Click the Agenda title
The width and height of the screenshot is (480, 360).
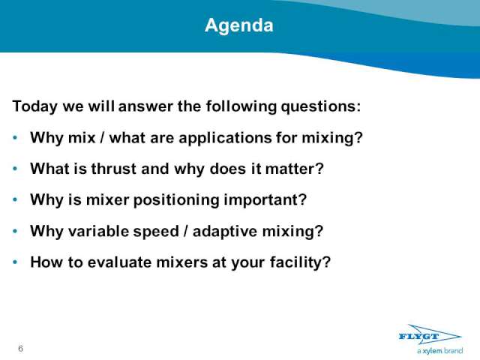pos(239,25)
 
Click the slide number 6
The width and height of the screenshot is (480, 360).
pos(20,348)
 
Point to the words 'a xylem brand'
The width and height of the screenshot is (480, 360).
pos(439,351)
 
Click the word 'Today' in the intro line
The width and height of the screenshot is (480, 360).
pos(35,106)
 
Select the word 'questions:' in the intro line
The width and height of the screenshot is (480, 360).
pos(321,106)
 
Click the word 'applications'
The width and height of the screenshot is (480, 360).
pos(225,138)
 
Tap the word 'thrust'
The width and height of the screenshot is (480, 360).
pos(113,169)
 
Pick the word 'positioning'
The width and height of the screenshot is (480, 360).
pos(176,200)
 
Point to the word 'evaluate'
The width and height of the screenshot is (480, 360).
pos(119,262)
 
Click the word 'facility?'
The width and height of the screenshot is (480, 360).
pos(300,262)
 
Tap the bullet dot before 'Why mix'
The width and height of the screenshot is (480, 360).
pos(15,138)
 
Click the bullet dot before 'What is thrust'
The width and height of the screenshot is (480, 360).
pos(15,169)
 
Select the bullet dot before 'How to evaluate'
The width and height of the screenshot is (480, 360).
pos(15,262)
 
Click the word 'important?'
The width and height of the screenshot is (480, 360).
pos(265,200)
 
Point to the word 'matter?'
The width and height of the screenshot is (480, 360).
pos(295,169)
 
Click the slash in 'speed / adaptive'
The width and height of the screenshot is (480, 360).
pos(185,231)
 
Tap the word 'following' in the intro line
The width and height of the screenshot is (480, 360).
pos(241,106)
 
